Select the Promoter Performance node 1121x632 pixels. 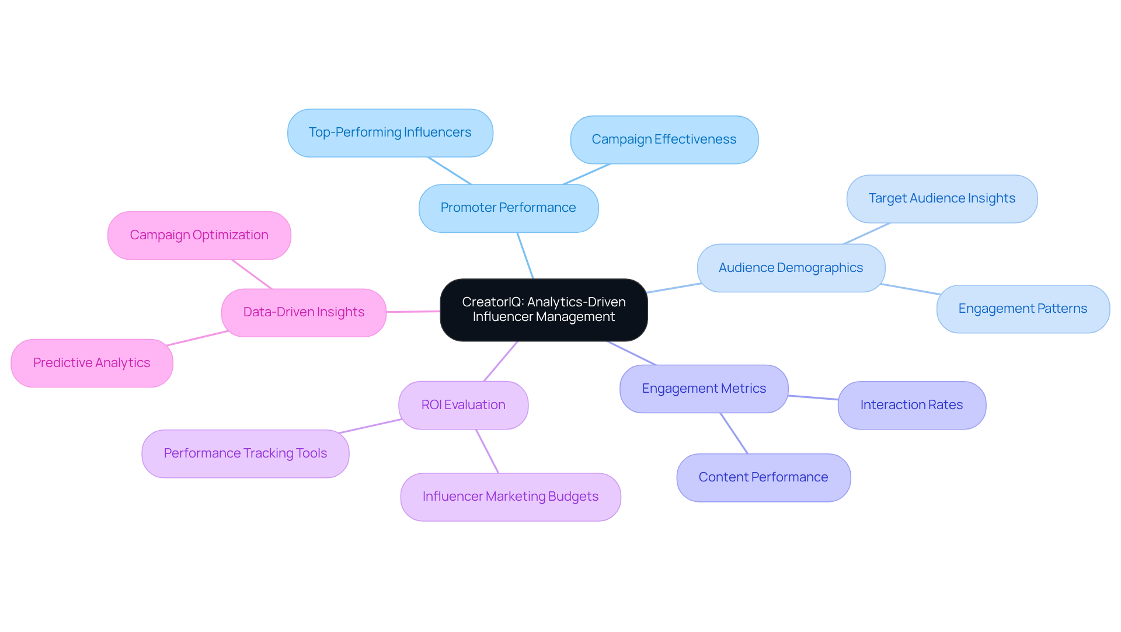(508, 208)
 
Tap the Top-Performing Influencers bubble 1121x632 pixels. (390, 133)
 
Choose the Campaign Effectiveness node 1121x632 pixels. (664, 140)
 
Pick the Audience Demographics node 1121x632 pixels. (791, 268)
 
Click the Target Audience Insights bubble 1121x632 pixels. (941, 199)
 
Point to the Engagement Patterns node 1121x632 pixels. (1022, 309)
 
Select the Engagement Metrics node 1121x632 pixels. (704, 389)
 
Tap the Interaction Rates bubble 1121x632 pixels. (911, 406)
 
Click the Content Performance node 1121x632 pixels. (763, 478)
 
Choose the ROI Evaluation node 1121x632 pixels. (463, 406)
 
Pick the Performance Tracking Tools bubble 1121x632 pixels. (245, 454)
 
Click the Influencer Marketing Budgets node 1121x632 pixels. (510, 497)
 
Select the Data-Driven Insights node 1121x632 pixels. (304, 313)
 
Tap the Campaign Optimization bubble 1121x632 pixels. (199, 236)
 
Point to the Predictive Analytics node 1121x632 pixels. (92, 364)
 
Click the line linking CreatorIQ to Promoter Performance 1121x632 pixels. (525, 256)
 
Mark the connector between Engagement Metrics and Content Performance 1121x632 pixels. (734, 434)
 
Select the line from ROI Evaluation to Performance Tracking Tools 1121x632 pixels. (370, 426)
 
